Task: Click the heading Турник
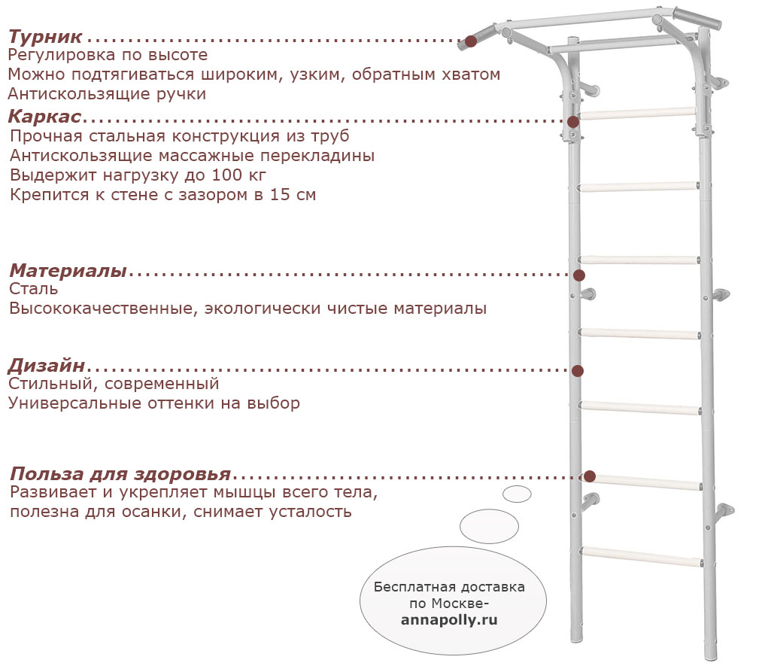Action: pyautogui.click(x=45, y=37)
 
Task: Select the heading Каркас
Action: pyautogui.click(x=44, y=117)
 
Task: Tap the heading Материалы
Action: pyautogui.click(x=68, y=271)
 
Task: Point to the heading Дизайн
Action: pyautogui.click(x=47, y=366)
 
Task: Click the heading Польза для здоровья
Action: pyautogui.click(x=120, y=473)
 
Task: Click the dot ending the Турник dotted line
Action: pyautogui.click(x=470, y=41)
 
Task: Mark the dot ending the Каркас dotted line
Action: pyautogui.click(x=573, y=121)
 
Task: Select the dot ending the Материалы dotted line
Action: pyautogui.click(x=579, y=275)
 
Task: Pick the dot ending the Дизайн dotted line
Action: pyautogui.click(x=578, y=371)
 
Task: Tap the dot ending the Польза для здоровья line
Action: pyautogui.click(x=590, y=476)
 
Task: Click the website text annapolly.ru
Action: pyautogui.click(x=449, y=620)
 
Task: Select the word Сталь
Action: pyautogui.click(x=33, y=289)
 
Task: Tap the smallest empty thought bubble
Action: pyautogui.click(x=517, y=494)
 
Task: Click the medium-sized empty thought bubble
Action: pyautogui.click(x=489, y=526)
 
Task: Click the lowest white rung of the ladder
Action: pyautogui.click(x=642, y=556)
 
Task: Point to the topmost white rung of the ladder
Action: pyautogui.click(x=638, y=114)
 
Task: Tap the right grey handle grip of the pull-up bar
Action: pyautogui.click(x=697, y=18)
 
